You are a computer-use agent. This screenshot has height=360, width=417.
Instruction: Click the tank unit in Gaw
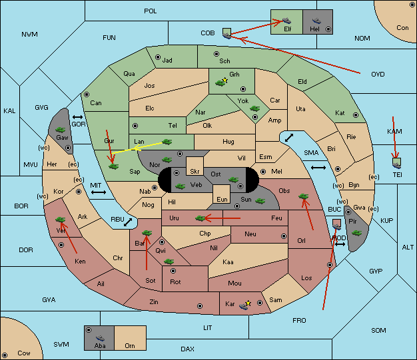point(61,130)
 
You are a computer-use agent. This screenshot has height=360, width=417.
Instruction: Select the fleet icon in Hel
point(316,21)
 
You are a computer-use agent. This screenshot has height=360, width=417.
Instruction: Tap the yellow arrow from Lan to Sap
point(137,148)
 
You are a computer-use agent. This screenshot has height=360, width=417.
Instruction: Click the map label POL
point(151,11)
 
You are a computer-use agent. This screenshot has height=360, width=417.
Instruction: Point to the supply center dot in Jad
point(158,57)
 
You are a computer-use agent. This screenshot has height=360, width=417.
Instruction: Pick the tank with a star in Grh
point(221,83)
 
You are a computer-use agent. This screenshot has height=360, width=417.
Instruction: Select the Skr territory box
point(195,166)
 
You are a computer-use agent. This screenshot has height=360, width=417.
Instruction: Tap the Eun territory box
point(222,194)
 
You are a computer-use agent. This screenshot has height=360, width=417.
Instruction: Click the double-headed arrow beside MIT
point(99,192)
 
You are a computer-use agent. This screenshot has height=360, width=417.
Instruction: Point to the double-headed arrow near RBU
point(128,222)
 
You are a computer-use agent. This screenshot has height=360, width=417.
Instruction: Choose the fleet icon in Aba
point(101,338)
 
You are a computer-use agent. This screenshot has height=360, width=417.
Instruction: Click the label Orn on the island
point(130,345)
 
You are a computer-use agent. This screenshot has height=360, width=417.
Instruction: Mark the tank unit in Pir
point(356,233)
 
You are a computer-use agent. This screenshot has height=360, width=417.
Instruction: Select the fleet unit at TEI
point(397,164)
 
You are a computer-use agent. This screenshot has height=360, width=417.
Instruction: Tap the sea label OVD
point(378,74)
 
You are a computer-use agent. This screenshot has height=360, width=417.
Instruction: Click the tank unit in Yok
point(254,108)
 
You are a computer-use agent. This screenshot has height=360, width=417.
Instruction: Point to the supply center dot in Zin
point(200,306)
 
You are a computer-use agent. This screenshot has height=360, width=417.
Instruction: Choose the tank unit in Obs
point(304,196)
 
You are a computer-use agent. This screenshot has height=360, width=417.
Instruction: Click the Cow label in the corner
point(24,353)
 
